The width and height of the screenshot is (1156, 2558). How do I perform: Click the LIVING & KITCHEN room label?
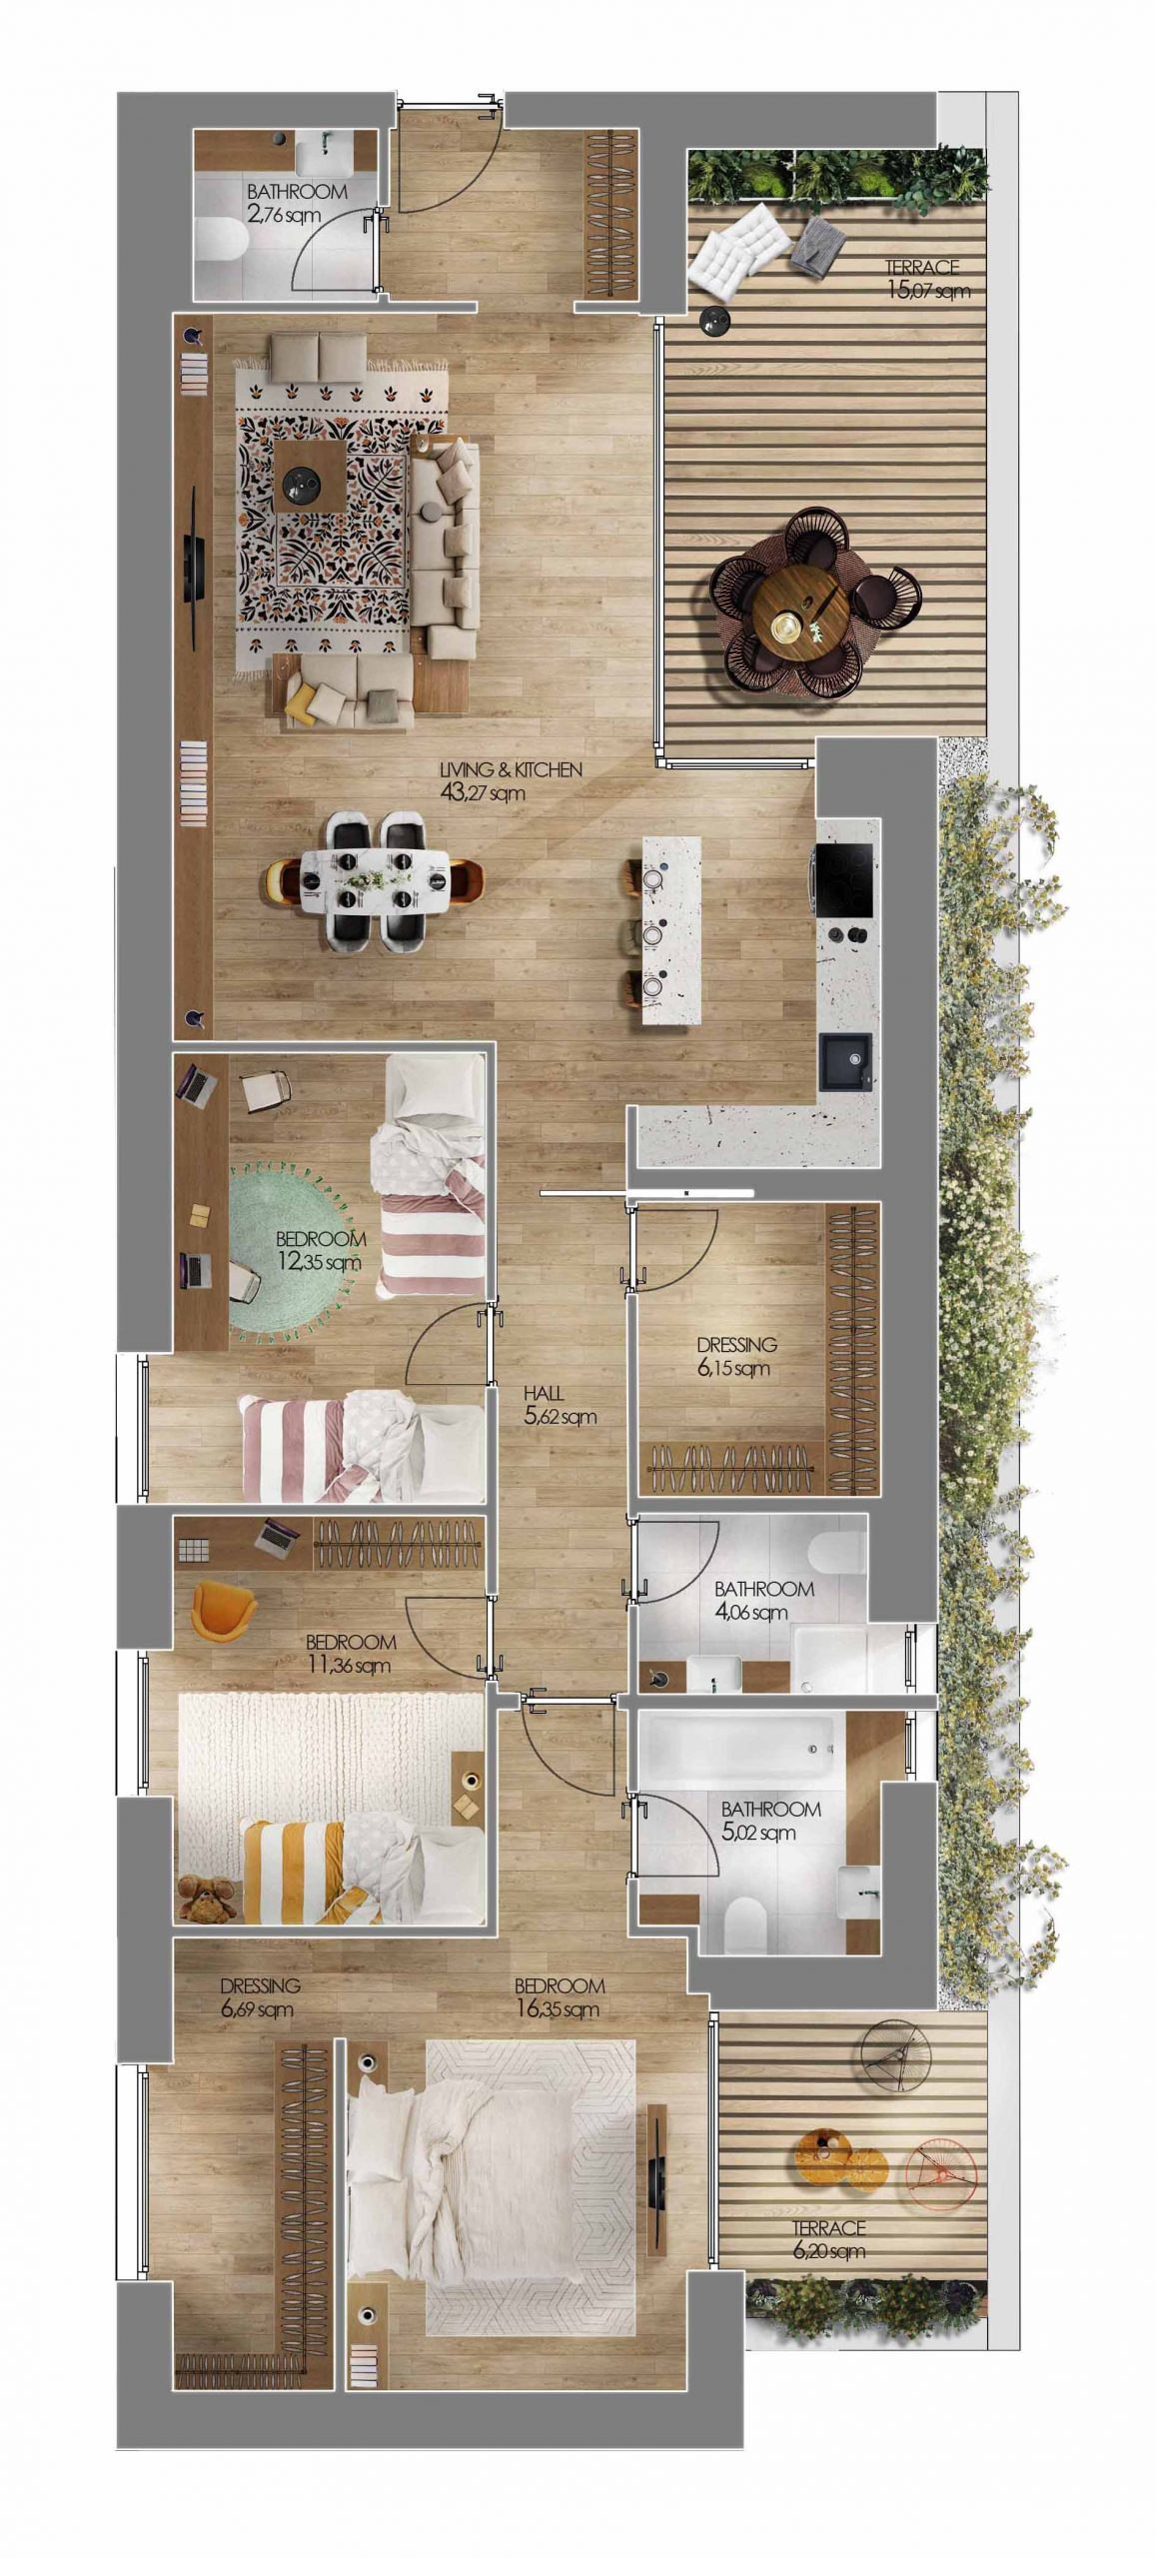(511, 770)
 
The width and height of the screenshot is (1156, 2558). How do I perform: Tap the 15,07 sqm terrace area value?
(927, 292)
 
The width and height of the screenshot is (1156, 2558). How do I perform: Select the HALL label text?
(544, 1393)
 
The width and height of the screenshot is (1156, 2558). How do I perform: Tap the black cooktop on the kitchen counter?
(844, 879)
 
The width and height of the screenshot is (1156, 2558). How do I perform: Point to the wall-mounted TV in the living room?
(194, 567)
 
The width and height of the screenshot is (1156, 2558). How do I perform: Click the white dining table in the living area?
(375, 880)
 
